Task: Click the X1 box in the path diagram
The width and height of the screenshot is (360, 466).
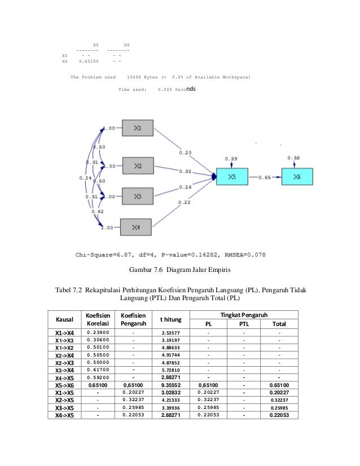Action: (138, 128)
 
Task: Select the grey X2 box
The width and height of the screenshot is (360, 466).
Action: (138, 166)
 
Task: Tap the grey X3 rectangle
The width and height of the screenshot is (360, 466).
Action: (138, 197)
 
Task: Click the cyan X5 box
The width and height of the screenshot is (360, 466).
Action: (232, 177)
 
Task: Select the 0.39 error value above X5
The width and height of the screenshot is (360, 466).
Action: (230, 159)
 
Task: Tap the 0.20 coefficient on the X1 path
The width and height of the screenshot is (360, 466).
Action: (185, 152)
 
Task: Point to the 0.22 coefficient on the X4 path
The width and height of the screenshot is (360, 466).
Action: (184, 202)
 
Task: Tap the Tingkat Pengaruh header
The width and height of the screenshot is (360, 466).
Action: (244, 314)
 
